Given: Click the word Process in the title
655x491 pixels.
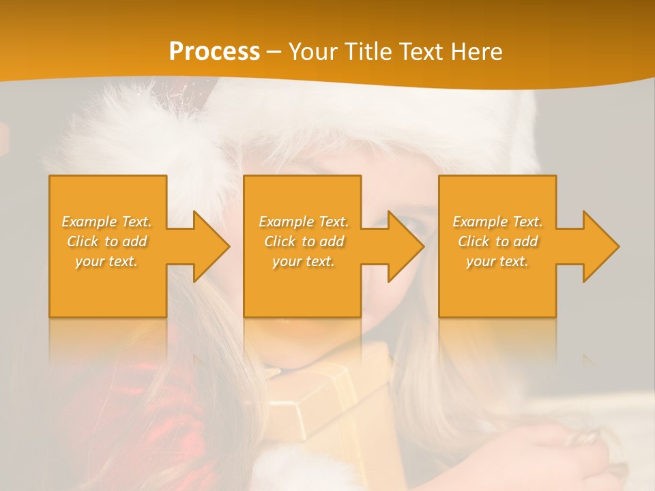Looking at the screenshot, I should [214, 52].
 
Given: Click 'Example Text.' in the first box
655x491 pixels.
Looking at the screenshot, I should [107, 222].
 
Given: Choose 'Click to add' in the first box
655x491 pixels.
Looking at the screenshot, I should [107, 241].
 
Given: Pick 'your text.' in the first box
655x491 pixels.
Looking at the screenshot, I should [107, 261].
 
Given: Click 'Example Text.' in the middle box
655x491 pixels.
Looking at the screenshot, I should [304, 222].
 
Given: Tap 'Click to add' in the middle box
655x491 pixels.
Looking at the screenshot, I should [304, 241].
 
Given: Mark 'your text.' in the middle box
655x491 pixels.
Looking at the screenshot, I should [304, 261].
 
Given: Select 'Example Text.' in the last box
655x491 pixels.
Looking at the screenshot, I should [497, 222].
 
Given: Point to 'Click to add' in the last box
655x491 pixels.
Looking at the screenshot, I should [497, 241].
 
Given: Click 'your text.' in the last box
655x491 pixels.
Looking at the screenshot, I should [497, 261].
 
